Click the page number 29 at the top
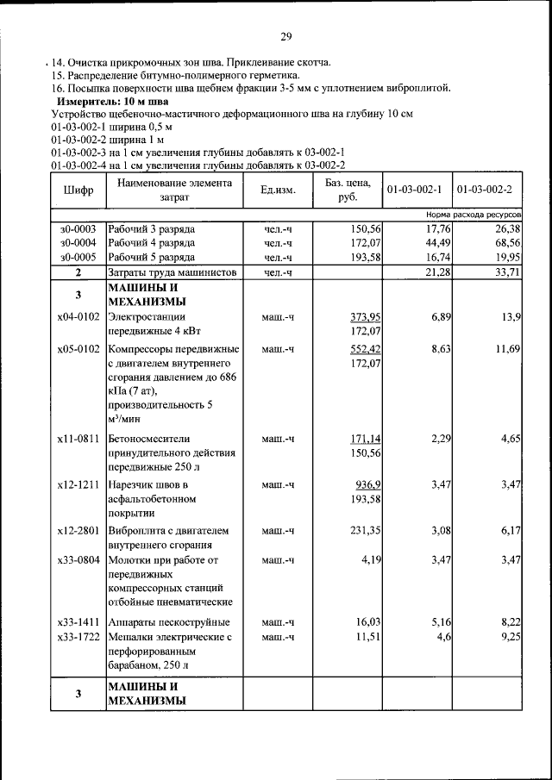tap(286, 35)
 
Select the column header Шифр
tap(78, 190)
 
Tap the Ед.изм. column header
tap(277, 190)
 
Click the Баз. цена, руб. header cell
tap(348, 189)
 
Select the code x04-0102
tap(78, 318)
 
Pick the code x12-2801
tap(78, 530)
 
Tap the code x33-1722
tap(78, 636)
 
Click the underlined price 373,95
tap(366, 318)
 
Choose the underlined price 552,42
tap(366, 348)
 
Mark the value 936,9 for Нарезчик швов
tap(368, 485)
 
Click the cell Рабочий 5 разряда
tap(151, 257)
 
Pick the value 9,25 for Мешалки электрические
tap(509, 636)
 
